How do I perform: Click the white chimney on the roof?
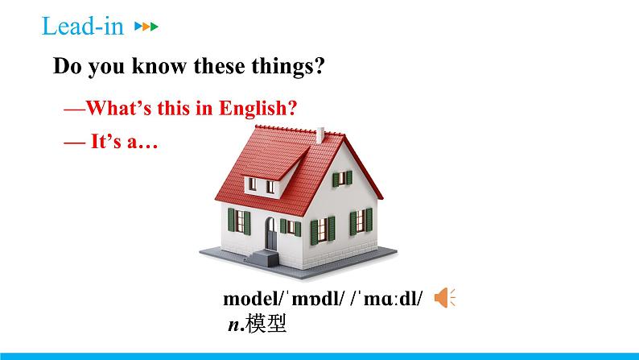point(321,135)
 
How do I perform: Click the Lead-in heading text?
point(82,27)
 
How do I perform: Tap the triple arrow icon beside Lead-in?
point(146,27)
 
